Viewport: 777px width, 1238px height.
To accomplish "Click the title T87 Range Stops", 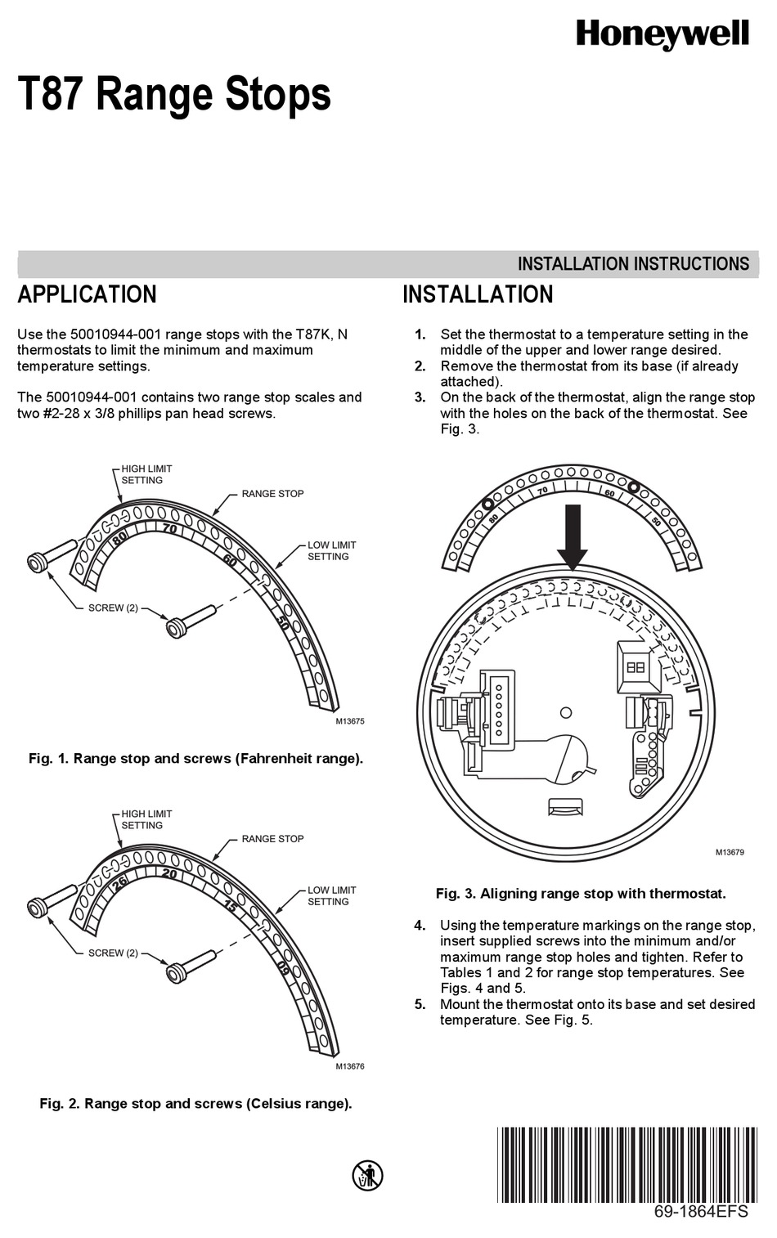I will [x=174, y=94].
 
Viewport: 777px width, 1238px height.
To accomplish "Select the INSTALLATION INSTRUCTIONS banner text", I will [x=633, y=264].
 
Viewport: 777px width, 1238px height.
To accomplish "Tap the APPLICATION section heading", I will [x=87, y=294].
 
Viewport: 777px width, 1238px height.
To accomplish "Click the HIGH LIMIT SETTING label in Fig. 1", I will [x=146, y=474].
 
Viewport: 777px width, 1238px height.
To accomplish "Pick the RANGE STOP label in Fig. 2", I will [x=272, y=839].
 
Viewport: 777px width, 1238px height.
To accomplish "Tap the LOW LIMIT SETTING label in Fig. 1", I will [x=331, y=550].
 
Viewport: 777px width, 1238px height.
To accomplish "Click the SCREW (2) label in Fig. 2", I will [x=113, y=953].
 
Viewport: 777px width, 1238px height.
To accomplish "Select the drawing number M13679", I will [x=730, y=852].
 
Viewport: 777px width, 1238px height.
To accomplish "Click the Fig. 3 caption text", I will [x=581, y=894].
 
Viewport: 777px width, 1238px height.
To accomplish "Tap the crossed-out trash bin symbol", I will [x=368, y=1175].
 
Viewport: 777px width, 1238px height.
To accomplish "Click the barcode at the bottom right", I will [x=627, y=1164].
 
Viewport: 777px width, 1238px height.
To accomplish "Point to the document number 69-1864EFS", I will [x=701, y=1212].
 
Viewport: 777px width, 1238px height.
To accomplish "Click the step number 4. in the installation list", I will [x=420, y=926].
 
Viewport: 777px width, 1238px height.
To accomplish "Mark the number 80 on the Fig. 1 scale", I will [x=119, y=538].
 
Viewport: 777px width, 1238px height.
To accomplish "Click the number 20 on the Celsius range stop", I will [x=169, y=873].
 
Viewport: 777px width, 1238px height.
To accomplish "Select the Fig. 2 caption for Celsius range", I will [x=195, y=1104].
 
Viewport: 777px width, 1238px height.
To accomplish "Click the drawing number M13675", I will [x=349, y=721].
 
